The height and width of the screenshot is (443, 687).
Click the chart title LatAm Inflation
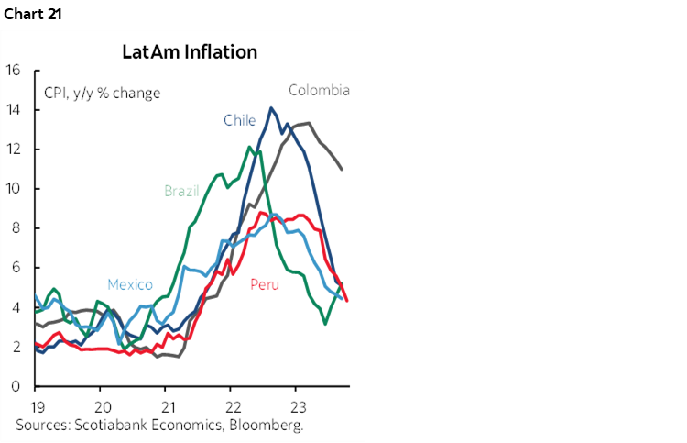[190, 51]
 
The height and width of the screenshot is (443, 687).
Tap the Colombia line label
[319, 90]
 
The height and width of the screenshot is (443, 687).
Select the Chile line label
[239, 120]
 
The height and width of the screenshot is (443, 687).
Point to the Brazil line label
[182, 191]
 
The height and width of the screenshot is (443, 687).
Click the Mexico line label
[130, 284]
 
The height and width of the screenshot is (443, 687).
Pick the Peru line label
[265, 284]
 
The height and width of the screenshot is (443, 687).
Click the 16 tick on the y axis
[13, 71]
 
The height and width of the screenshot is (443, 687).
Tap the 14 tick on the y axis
[13, 110]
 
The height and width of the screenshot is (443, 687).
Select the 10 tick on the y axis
[13, 189]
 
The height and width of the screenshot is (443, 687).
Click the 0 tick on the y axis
[16, 386]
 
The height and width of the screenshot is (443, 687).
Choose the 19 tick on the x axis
[36, 406]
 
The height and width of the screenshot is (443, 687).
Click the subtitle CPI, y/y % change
[102, 93]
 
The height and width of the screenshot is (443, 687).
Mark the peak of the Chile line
[270, 108]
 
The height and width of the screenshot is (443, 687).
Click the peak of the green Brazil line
[250, 147]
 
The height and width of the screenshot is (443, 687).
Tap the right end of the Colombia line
[342, 170]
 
